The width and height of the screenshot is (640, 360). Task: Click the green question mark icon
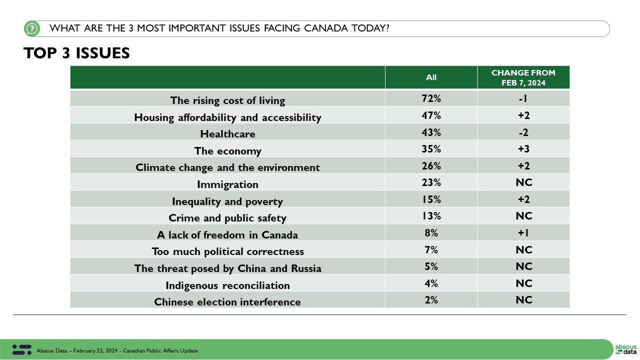click(x=32, y=28)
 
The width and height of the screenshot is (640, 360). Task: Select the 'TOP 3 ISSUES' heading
click(x=76, y=53)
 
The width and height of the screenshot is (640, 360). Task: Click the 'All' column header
click(x=431, y=77)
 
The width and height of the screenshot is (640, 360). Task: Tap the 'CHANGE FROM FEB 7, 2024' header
click(x=523, y=77)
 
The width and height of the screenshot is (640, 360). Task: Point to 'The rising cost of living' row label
click(x=227, y=100)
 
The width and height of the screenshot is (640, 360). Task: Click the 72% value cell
click(x=431, y=98)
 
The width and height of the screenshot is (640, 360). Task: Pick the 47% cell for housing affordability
click(x=431, y=115)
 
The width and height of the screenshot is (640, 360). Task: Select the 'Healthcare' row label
click(x=227, y=134)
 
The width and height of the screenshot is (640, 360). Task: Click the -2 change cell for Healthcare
click(x=523, y=132)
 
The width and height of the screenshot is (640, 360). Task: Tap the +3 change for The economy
click(x=523, y=149)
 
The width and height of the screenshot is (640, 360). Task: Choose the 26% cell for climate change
click(x=431, y=166)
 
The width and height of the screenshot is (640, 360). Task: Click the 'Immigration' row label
click(x=227, y=184)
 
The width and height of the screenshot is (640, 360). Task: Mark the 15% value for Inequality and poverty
click(x=431, y=199)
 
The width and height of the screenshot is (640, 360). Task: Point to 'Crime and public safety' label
click(x=227, y=218)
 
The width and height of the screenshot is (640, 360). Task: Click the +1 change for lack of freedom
click(x=523, y=233)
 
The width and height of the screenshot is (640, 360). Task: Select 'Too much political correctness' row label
click(x=227, y=251)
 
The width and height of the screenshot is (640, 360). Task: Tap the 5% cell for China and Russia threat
click(x=431, y=266)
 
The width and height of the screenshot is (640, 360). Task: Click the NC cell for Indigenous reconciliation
click(x=523, y=283)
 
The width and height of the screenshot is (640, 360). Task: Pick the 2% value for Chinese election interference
click(x=431, y=300)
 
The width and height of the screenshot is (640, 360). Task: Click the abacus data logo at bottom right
click(x=625, y=349)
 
